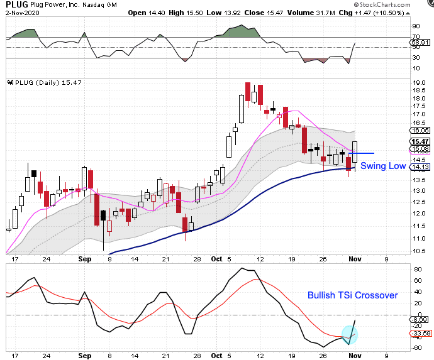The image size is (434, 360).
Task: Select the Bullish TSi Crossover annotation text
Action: tap(352, 295)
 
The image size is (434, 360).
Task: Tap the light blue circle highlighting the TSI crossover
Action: tap(348, 335)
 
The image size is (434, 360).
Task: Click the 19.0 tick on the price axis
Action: tap(419, 82)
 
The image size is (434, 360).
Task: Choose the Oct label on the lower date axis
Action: tap(217, 354)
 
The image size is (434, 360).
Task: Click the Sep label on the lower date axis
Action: tap(86, 354)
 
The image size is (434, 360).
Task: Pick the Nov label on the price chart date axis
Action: tap(356, 258)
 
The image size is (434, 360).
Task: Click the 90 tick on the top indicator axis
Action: tap(416, 26)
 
